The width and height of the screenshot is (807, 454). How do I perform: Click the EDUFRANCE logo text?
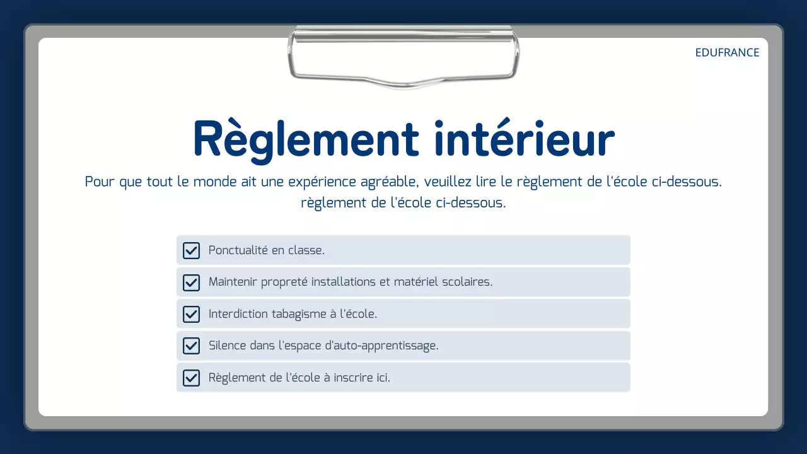click(x=727, y=53)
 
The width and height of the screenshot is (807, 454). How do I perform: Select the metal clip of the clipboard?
click(x=403, y=57)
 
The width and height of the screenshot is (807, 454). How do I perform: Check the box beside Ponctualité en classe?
click(x=191, y=250)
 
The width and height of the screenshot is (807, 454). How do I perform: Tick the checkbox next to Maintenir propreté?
click(x=191, y=282)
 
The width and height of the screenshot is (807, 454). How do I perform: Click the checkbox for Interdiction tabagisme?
click(x=191, y=314)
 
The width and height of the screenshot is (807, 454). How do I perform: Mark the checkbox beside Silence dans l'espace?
click(x=191, y=346)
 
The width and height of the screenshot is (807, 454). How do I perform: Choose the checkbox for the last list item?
click(x=191, y=378)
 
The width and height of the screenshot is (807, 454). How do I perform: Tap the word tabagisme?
click(x=298, y=314)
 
